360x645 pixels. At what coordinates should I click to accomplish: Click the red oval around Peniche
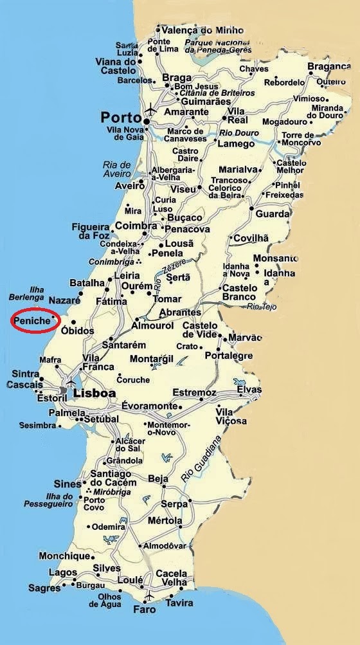(x=35, y=320)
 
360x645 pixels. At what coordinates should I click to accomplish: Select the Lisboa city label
(x=94, y=392)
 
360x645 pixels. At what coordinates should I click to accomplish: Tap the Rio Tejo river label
(x=262, y=307)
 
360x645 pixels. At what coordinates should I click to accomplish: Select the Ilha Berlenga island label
(x=28, y=295)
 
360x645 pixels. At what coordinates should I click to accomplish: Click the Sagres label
(x=44, y=588)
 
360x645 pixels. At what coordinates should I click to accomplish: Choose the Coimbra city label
(x=136, y=226)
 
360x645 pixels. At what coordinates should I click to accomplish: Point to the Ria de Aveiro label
(x=116, y=169)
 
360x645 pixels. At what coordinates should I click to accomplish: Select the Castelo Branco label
(x=240, y=292)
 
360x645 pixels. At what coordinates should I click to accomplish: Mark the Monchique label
(x=64, y=556)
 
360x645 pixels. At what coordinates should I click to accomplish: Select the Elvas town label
(x=249, y=390)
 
